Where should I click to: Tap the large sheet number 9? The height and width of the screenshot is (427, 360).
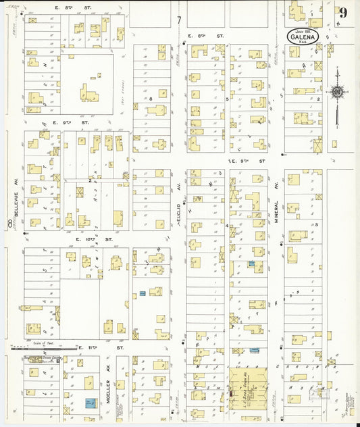(344, 12)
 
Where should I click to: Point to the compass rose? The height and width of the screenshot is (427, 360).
(336, 92)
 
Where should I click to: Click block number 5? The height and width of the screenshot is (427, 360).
(227, 99)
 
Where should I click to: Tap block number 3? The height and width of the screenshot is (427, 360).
(316, 224)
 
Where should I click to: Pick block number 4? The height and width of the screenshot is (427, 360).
(227, 225)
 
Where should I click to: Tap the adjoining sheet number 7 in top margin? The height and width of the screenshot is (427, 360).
(179, 20)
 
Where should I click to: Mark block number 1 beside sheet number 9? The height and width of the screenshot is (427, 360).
(313, 12)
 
